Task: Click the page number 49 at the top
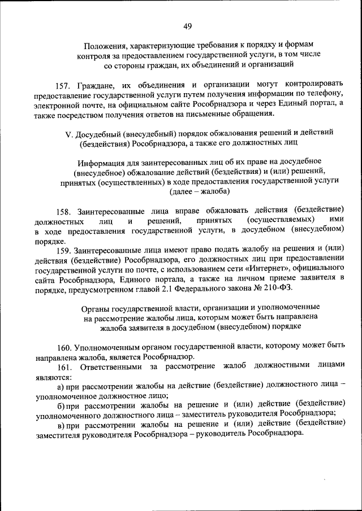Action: (x=188, y=26)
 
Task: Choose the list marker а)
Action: (x=61, y=386)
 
